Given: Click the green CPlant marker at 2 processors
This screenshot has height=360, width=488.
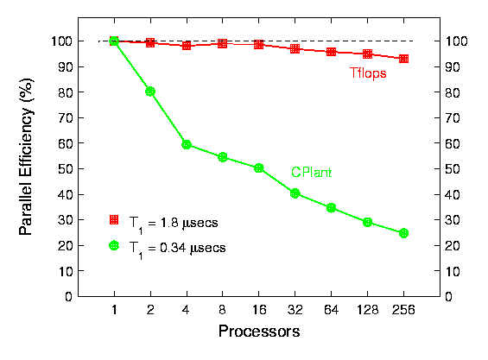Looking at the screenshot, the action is (150, 92).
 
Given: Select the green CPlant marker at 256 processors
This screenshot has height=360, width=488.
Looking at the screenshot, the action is (403, 233).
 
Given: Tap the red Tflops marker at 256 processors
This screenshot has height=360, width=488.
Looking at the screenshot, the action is (403, 59).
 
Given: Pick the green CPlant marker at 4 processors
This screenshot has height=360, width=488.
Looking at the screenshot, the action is (187, 144).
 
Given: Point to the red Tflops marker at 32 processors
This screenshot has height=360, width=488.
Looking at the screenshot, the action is (295, 49).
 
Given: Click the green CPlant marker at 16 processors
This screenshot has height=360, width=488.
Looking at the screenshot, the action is (258, 168).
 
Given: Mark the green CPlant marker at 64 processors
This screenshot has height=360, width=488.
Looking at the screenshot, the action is (331, 207).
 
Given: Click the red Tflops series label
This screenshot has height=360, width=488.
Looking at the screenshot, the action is (368, 73).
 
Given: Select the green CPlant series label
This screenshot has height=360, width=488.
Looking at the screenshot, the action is (311, 173).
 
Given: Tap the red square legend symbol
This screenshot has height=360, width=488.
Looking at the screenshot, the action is (114, 219).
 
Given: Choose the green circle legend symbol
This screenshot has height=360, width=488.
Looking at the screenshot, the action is (114, 245).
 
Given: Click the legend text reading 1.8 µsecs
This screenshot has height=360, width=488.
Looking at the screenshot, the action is (189, 223).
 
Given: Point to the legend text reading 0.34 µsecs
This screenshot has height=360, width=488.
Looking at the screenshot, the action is (193, 249).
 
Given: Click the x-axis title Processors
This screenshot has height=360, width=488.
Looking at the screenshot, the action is (259, 331).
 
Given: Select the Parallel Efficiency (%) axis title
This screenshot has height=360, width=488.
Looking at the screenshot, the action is (27, 156).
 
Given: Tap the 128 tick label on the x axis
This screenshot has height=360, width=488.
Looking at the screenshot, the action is (368, 310).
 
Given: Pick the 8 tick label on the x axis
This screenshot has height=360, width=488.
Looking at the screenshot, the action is (222, 310).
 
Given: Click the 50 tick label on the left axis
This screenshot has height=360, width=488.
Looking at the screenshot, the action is (65, 169).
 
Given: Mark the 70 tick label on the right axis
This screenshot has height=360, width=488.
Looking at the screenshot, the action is (453, 118).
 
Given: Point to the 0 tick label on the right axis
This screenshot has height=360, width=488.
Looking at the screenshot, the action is (449, 297).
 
